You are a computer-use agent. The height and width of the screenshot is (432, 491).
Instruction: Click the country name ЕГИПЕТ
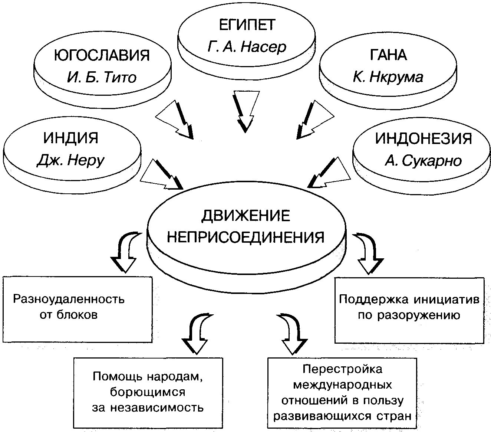[247, 25]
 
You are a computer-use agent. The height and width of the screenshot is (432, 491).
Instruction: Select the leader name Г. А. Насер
[247, 47]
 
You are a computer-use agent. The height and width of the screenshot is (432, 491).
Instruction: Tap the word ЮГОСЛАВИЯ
[102, 55]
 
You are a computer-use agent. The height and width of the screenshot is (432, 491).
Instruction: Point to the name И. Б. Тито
[102, 77]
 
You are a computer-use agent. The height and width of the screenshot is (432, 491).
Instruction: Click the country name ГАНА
[388, 55]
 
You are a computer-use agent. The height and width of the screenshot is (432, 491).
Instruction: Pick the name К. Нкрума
[388, 77]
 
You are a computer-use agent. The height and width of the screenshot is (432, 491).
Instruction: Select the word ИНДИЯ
[71, 138]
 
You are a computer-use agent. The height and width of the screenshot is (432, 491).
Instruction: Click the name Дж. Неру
[71, 160]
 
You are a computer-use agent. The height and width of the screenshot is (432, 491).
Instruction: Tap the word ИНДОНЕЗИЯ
[424, 138]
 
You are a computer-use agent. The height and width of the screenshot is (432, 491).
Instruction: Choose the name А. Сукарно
[424, 161]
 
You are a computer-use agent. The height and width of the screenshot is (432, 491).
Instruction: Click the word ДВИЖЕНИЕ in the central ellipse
[246, 216]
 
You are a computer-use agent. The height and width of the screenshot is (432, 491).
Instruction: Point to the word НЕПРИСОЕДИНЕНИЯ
[246, 237]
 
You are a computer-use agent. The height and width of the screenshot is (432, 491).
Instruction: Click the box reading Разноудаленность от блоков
[77, 309]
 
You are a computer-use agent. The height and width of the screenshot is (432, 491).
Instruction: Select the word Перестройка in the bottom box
[342, 369]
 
